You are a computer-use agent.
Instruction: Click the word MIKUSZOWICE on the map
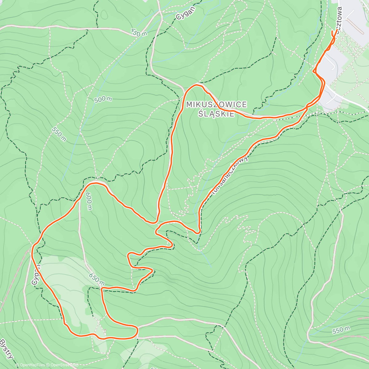coord(216,105)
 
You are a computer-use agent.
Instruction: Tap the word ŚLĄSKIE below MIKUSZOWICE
coord(216,113)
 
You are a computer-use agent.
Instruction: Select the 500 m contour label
coord(103,99)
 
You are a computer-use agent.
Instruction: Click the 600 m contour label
coord(89,201)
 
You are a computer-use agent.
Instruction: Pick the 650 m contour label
coord(97,279)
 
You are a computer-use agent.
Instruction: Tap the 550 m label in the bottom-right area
coord(341,330)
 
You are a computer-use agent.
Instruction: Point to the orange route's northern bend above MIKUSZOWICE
coord(197,85)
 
